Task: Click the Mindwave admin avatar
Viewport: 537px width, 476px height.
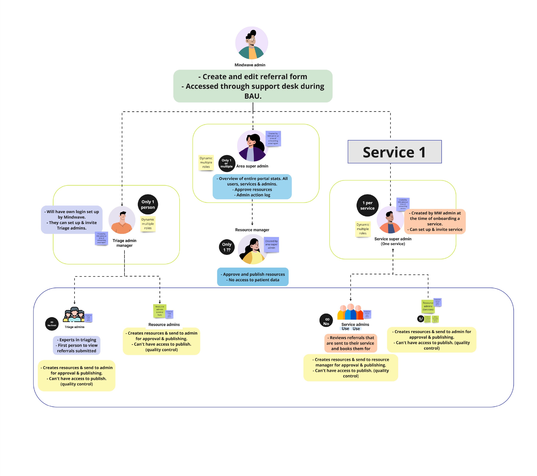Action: [251, 43]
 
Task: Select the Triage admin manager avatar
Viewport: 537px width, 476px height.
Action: [122, 220]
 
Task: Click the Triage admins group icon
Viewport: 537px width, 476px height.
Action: [74, 315]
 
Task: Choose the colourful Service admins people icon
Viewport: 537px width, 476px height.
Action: [350, 312]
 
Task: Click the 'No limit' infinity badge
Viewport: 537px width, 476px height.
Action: [52, 324]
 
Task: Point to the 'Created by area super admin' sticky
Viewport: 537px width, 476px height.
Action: [271, 245]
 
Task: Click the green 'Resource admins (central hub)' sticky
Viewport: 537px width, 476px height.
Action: [159, 311]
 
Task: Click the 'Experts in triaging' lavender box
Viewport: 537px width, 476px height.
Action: [77, 345]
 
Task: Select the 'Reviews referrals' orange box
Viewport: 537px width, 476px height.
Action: [350, 343]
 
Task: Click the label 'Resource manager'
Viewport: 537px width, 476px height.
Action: [252, 230]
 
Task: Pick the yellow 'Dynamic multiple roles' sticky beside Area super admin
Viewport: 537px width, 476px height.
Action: [206, 162]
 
